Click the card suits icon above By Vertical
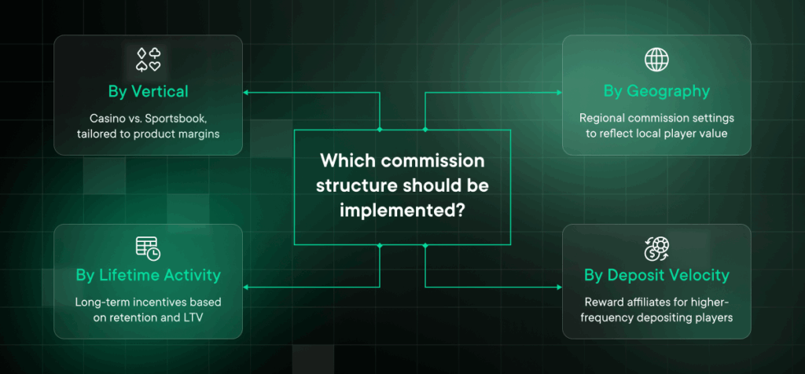click(149, 60)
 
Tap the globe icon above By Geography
click(656, 60)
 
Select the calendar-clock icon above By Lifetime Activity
click(149, 248)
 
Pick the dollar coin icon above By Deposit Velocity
click(656, 248)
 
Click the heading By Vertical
click(149, 91)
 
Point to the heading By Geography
click(656, 91)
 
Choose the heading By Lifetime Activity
click(149, 275)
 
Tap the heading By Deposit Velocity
click(656, 275)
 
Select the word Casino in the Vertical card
click(106, 119)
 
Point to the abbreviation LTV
click(193, 317)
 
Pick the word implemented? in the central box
click(402, 211)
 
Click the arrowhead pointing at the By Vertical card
click(245, 93)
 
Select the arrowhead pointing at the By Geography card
click(560, 93)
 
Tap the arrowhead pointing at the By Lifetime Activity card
click(245, 287)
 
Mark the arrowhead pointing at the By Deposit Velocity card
click(560, 287)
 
